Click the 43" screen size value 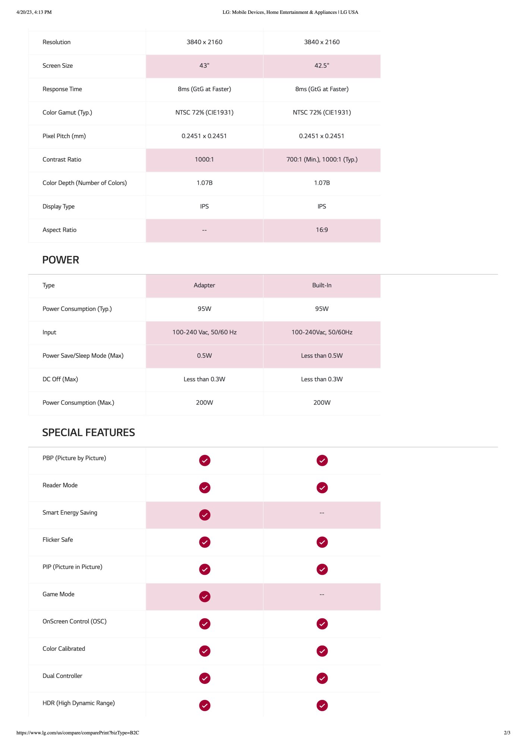click(204, 66)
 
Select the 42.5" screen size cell click(322, 66)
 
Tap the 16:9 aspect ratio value click(322, 230)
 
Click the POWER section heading click(60, 260)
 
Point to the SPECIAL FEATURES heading click(88, 432)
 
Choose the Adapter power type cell click(204, 285)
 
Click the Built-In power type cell click(322, 285)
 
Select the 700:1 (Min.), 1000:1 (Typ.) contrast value click(322, 160)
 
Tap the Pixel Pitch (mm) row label click(64, 136)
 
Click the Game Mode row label click(59, 594)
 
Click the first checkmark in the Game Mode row click(205, 597)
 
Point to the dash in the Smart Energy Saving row click(322, 513)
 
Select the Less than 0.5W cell click(322, 356)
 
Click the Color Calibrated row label click(64, 649)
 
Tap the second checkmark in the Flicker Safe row click(322, 542)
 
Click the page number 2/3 click(507, 733)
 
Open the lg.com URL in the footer click(78, 733)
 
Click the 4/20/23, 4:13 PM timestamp click(34, 12)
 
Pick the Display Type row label click(59, 207)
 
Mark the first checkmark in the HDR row click(205, 706)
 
